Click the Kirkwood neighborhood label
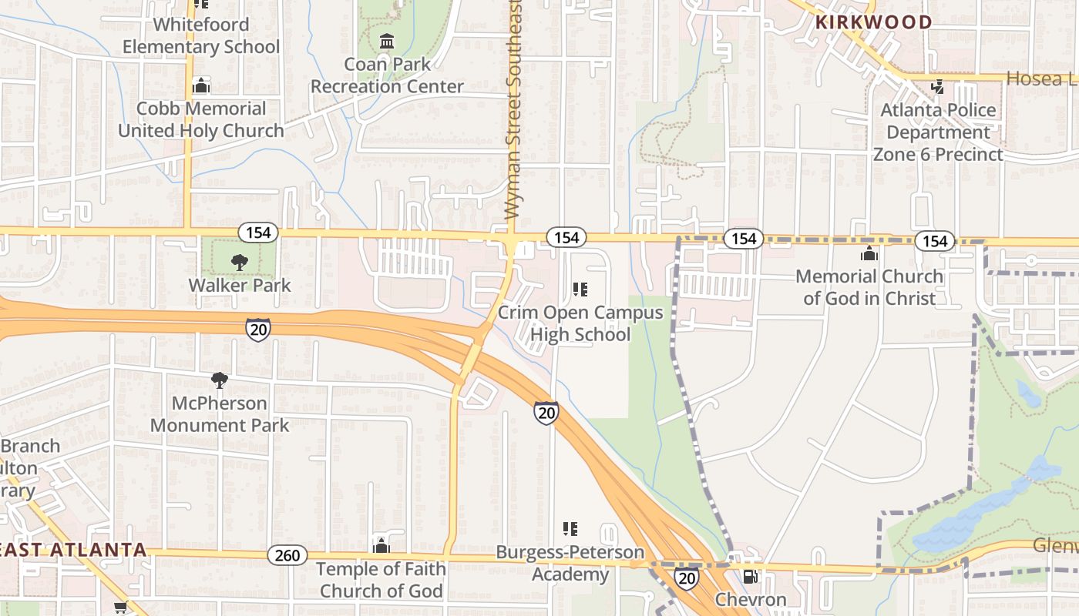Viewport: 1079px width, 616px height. [873, 22]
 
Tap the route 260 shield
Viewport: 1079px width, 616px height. [287, 555]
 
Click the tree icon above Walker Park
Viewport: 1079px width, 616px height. [240, 262]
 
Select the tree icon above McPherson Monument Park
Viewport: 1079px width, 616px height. [220, 380]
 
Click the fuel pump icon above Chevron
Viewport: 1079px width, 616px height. [750, 577]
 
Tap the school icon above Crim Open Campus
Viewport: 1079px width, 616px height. [580, 290]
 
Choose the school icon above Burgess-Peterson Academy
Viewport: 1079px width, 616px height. [570, 529]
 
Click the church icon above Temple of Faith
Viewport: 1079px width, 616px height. [381, 546]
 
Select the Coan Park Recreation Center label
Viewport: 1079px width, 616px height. [387, 75]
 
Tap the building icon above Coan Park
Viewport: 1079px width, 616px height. [387, 40]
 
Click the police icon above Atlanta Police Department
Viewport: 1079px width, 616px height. [938, 86]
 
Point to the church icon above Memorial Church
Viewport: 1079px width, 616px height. [869, 253]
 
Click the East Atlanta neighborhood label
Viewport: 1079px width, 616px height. [73, 550]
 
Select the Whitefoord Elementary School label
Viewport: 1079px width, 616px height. [201, 35]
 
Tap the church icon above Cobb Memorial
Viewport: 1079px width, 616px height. [201, 85]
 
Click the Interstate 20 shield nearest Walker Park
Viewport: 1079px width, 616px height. [258, 329]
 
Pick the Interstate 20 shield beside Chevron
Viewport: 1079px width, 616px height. [686, 578]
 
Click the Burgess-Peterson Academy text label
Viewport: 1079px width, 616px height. [570, 564]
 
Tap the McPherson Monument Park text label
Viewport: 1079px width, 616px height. [220, 413]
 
